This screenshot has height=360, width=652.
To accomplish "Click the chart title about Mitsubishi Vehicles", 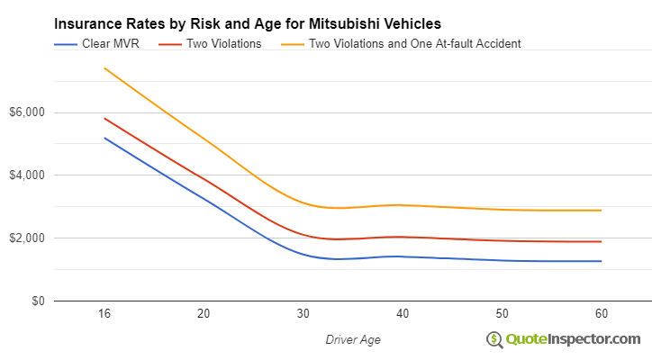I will [248, 23].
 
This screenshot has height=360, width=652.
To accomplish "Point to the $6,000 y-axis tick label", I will [27, 112].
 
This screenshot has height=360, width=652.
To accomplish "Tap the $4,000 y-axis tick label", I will [27, 175].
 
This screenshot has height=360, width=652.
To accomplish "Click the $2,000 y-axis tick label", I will [27, 238].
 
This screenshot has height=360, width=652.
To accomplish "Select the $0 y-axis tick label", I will [36, 301].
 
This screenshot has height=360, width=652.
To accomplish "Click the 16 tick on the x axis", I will [104, 313].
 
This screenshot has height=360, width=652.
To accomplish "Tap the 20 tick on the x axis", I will [204, 313].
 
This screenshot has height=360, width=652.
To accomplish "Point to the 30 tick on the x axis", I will [303, 313].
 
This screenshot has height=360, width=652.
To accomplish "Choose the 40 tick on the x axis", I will [403, 313].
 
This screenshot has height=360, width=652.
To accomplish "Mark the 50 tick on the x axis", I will [502, 313].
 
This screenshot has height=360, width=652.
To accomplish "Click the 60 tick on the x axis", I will [601, 313].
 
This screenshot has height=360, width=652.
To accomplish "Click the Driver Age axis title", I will [352, 338].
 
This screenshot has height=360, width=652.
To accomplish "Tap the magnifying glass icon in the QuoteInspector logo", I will [494, 339].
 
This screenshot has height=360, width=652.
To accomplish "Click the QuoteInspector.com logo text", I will [573, 338].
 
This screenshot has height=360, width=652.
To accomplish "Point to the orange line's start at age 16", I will [104, 68].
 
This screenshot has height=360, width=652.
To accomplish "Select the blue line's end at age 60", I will [601, 261].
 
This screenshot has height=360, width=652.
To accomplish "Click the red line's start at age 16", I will [104, 118].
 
